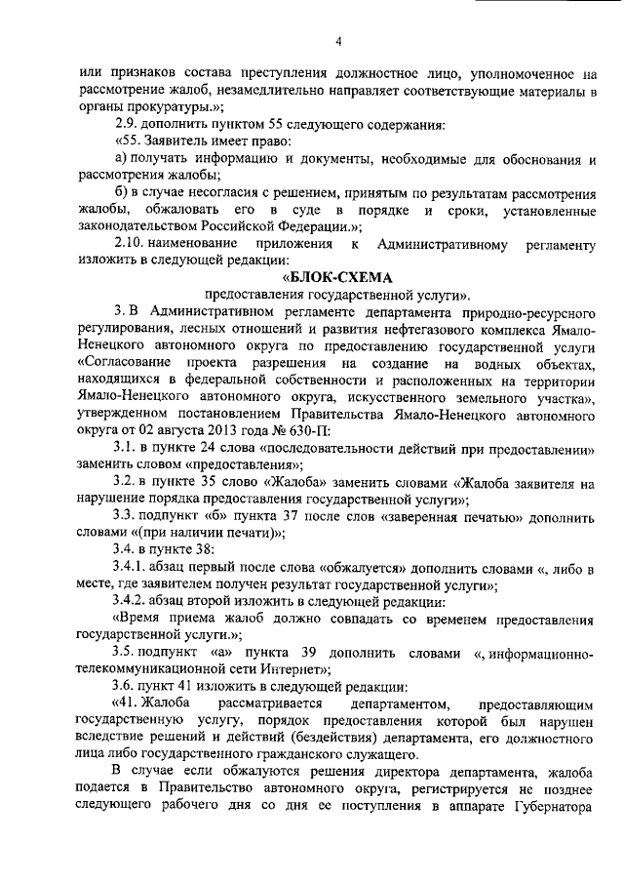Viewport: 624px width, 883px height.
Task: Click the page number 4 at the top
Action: (337, 41)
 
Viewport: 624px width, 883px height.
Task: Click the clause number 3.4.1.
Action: (132, 570)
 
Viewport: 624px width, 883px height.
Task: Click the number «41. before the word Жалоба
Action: (128, 704)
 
